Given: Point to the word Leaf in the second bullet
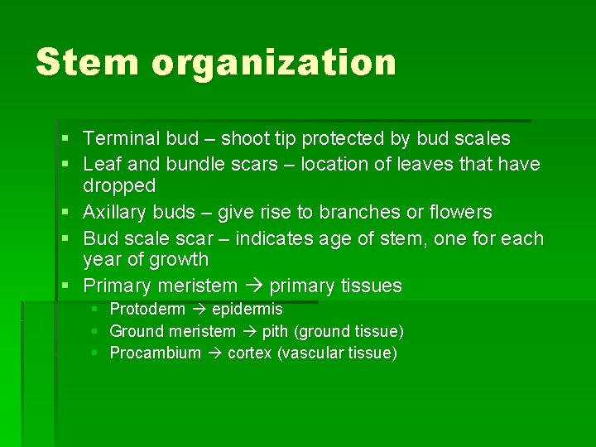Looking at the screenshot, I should click(99, 164).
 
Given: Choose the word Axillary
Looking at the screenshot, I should click(114, 213).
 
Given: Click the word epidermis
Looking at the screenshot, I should click(247, 310).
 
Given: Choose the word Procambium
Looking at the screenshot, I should click(156, 353).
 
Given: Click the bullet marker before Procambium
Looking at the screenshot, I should click(95, 353).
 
